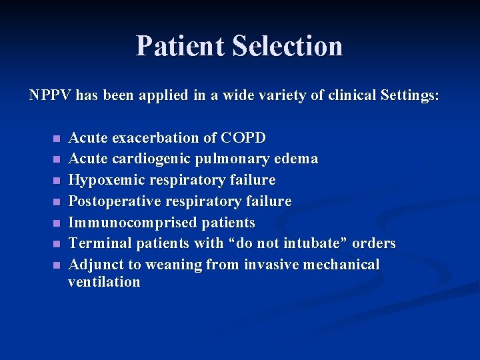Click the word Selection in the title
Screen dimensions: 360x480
pos(287,46)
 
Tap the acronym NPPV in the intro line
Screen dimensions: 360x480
pos(51,95)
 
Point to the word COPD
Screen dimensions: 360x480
pos(243,138)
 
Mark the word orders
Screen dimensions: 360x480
pos(374,243)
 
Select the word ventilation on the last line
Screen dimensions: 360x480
pos(105,282)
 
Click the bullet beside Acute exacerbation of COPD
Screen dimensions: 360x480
pos(56,139)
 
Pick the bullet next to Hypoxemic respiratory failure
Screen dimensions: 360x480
pos(56,181)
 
